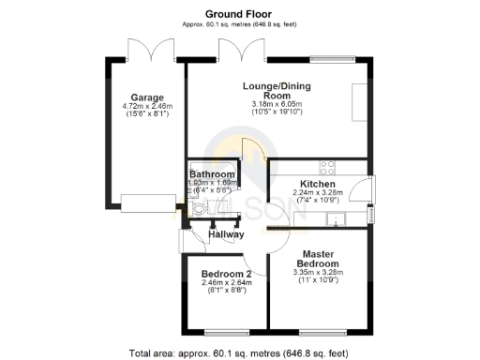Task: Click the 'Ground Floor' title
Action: coord(239,14)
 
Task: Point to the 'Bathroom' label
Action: coord(212,174)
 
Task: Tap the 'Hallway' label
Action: coord(226,234)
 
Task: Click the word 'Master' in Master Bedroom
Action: coord(318,253)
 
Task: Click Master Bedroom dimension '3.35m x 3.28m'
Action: coord(318,272)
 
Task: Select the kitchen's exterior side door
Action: coord(372,189)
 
